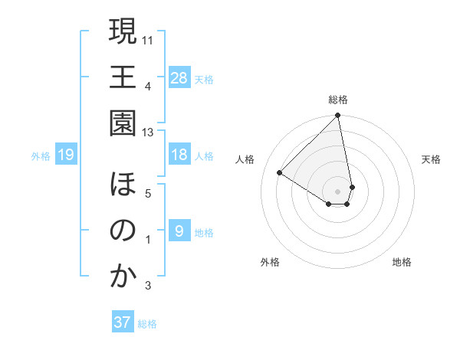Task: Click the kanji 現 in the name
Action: coord(123,31)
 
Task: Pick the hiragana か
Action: coord(123,277)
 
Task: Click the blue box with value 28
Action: coord(179,77)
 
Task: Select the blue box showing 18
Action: coord(179,155)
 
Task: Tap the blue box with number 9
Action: coord(179,231)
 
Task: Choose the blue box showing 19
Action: coord(65,155)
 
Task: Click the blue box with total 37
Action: coord(123,322)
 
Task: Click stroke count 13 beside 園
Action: coord(148,133)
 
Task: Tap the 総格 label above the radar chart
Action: coord(338,100)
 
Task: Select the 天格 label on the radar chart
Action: coord(431,159)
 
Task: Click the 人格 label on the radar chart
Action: coord(245,159)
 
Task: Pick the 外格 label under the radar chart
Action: coord(270,262)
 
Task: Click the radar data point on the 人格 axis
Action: coord(280,173)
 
